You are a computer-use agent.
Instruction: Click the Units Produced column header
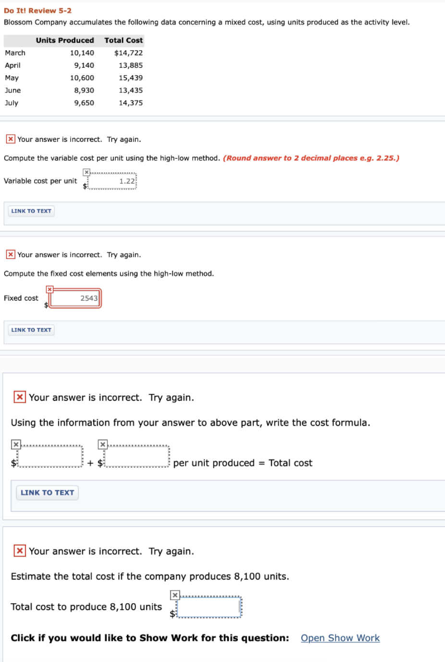64,40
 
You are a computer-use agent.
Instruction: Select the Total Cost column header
124,40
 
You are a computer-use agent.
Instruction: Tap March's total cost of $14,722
128,53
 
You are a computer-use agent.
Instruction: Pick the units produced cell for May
82,78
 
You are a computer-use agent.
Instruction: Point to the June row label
13,90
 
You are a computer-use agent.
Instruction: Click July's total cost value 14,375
131,103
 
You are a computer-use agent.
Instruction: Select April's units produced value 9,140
84,65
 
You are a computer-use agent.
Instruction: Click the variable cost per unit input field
112,181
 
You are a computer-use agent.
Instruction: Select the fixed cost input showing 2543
75,298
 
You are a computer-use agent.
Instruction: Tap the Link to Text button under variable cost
31,211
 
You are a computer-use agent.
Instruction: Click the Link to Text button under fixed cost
31,330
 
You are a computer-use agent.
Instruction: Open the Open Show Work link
340,638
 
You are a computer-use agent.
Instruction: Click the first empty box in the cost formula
50,457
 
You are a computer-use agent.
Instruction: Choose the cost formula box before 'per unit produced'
137,457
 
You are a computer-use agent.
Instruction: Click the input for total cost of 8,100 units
209,607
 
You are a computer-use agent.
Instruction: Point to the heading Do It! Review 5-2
37,11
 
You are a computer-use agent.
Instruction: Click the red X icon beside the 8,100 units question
20,551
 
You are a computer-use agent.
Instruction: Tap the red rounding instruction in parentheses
311,158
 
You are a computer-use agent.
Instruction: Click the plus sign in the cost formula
90,463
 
